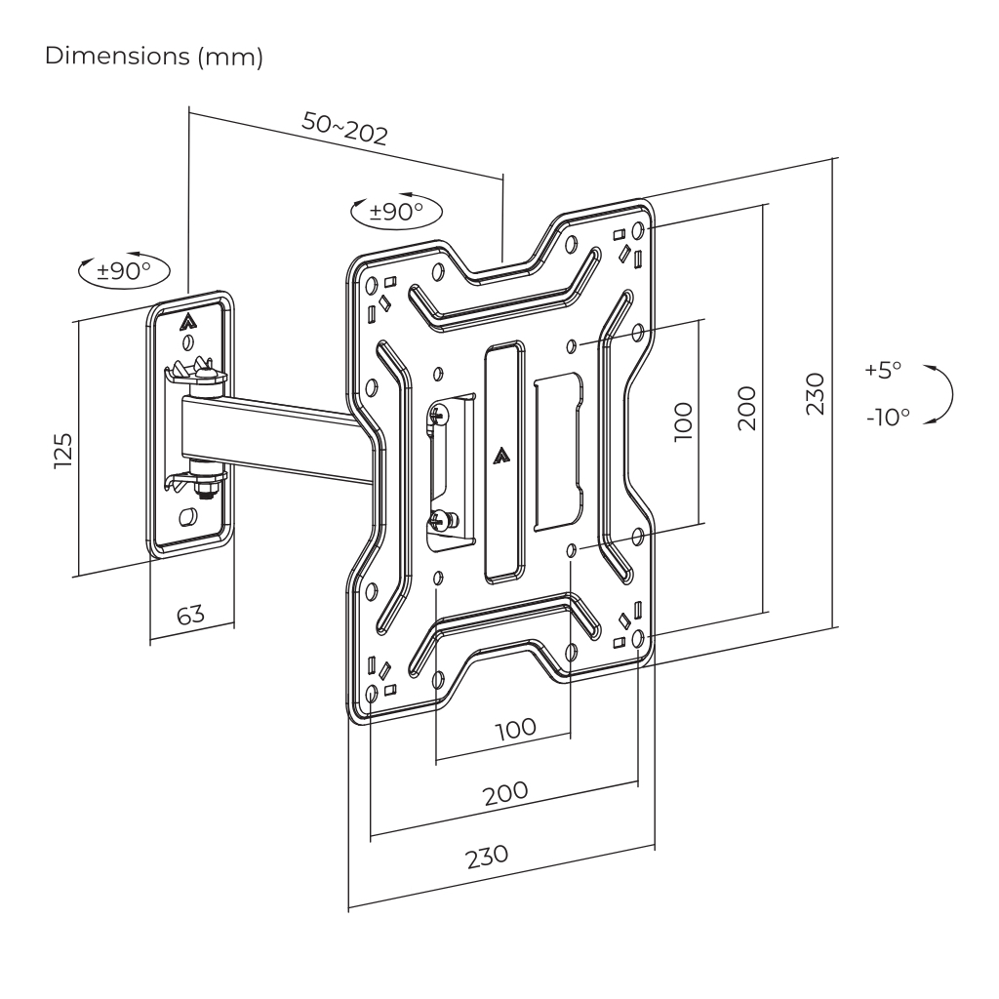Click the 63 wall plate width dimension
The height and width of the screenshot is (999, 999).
click(191, 617)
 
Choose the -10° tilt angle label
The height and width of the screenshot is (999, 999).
click(886, 416)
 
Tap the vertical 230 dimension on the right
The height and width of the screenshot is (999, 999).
click(817, 393)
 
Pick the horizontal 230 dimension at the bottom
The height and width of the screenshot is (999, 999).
click(486, 856)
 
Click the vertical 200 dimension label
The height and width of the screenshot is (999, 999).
click(746, 406)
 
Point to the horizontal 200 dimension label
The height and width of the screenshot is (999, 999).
click(506, 791)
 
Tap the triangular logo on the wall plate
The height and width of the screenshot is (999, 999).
click(188, 318)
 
